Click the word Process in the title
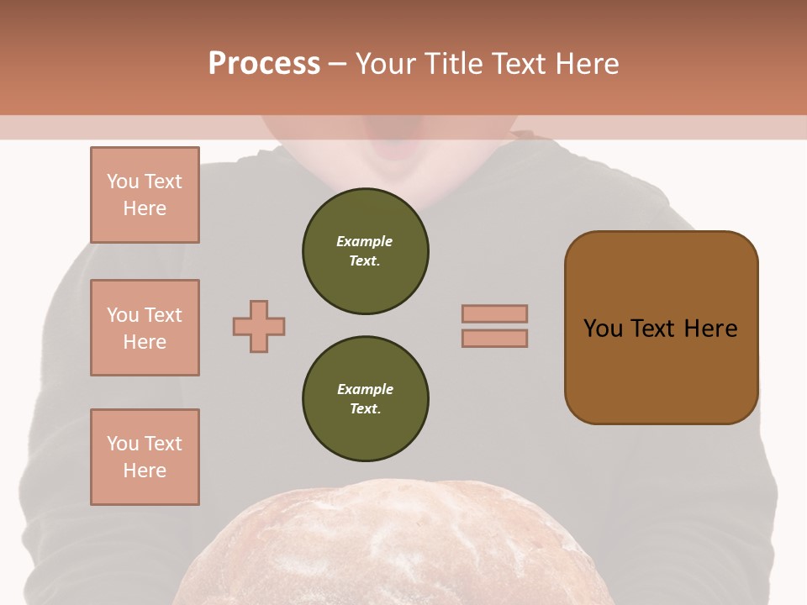[x=264, y=64]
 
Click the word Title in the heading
[x=454, y=64]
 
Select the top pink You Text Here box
[x=145, y=195]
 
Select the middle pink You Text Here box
[x=145, y=328]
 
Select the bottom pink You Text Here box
[x=145, y=457]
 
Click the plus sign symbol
[x=259, y=326]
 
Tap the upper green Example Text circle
[x=365, y=250]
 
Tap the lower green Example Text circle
[x=365, y=398]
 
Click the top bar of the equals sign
[x=494, y=313]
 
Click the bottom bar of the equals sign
[x=494, y=338]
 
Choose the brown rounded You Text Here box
[x=661, y=328]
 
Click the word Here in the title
[x=587, y=64]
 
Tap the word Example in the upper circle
[x=365, y=241]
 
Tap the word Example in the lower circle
[x=365, y=389]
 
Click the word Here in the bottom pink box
[x=145, y=471]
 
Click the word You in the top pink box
[x=122, y=181]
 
